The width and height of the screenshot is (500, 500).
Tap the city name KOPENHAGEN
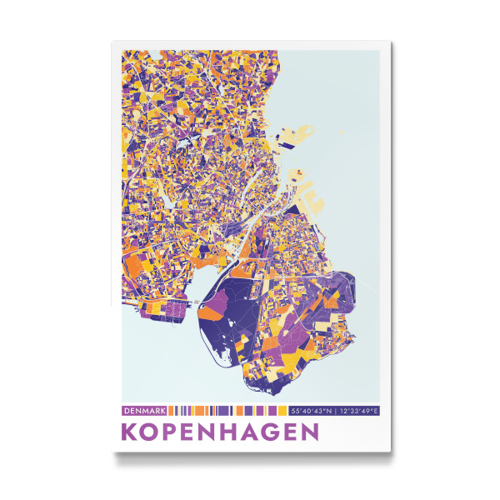[220, 432]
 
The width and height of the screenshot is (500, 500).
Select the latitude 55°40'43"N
[311, 411]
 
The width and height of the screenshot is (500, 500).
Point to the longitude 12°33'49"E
[357, 411]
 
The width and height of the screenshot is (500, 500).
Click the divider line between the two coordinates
[334, 411]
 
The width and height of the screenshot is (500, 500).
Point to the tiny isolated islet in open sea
[342, 132]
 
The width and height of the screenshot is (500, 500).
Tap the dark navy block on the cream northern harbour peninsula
[293, 173]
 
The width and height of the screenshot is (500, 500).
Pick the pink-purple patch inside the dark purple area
[212, 314]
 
